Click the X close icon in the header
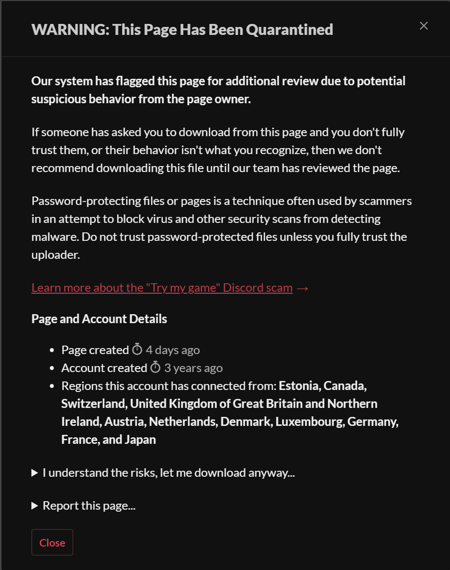coord(424,26)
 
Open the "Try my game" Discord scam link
coord(161,288)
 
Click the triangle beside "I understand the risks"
coord(35,473)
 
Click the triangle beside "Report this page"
coord(35,506)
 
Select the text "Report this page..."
coord(89,506)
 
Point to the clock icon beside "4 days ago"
coord(137,350)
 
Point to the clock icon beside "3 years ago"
coord(155,368)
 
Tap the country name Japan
coord(142,439)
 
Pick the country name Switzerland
coord(93,403)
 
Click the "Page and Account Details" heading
coord(99,319)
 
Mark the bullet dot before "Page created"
coord(52,351)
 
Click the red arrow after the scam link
coord(302,288)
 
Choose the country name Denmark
coord(246,421)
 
